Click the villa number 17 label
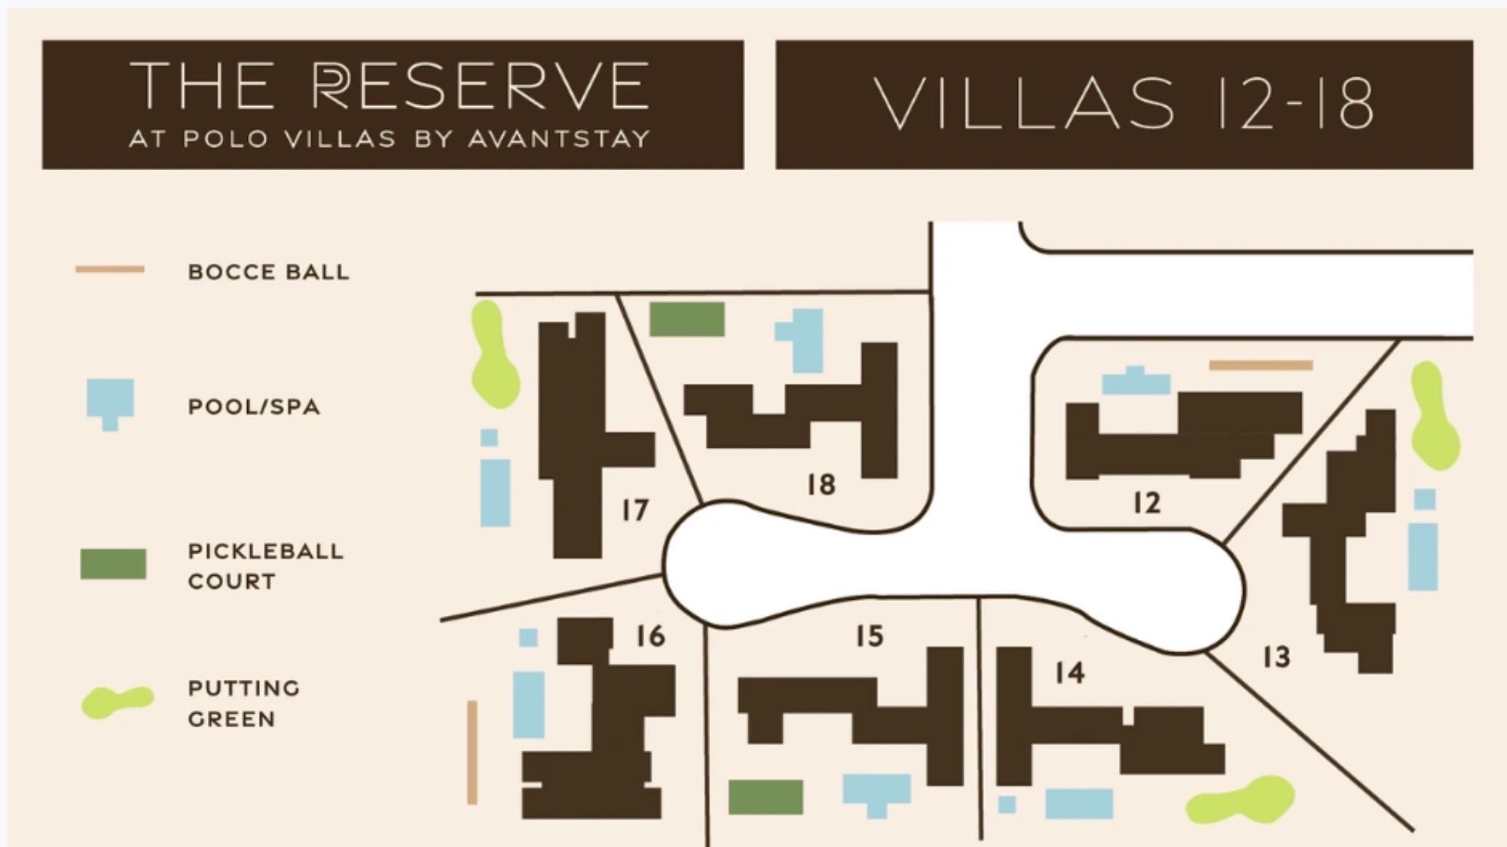pyautogui.click(x=635, y=510)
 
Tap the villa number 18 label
pyautogui.click(x=821, y=484)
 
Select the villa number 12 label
pyautogui.click(x=1146, y=503)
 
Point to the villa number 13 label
pyautogui.click(x=1276, y=657)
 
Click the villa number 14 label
pyautogui.click(x=1070, y=672)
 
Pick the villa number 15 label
pyautogui.click(x=869, y=636)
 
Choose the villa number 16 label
pyautogui.click(x=650, y=636)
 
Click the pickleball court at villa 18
pyautogui.click(x=686, y=319)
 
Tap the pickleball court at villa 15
pyautogui.click(x=766, y=797)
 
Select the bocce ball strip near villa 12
pyautogui.click(x=1261, y=365)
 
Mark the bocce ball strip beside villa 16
pyautogui.click(x=472, y=752)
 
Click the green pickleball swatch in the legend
pyautogui.click(x=113, y=564)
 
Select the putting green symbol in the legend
pyautogui.click(x=117, y=702)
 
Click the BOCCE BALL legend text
pyautogui.click(x=268, y=272)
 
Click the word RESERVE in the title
pyautogui.click(x=481, y=86)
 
